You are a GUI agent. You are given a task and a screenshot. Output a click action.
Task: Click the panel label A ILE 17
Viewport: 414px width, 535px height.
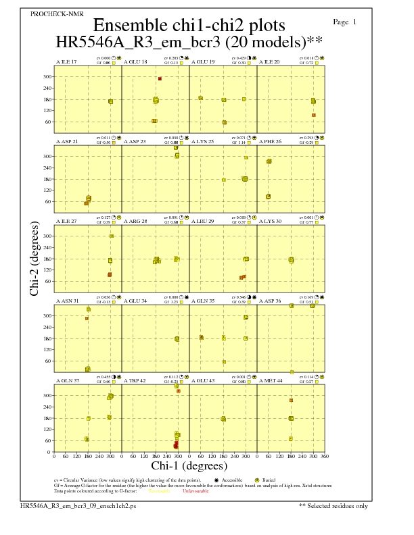[66, 61]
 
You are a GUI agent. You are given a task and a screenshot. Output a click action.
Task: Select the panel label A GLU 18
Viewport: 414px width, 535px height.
[135, 61]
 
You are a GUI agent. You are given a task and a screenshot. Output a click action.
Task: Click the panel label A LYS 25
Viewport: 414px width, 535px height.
[202, 141]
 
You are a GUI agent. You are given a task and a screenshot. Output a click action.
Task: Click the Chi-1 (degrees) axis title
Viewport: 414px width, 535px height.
[189, 465]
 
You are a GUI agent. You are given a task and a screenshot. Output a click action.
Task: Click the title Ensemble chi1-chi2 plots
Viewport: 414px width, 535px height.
[189, 26]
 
